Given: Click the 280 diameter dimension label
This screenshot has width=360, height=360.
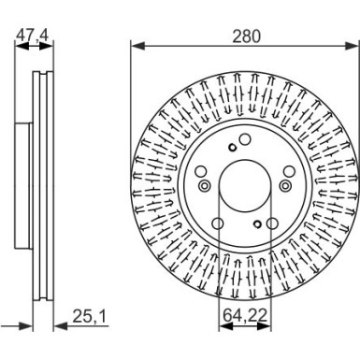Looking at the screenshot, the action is pyautogui.click(x=246, y=36).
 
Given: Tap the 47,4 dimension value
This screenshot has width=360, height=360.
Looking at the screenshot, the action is pyautogui.click(x=33, y=35).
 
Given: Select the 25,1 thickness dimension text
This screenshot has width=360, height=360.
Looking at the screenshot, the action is pyautogui.click(x=90, y=316).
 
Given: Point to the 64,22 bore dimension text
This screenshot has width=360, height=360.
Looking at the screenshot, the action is pyautogui.click(x=245, y=316).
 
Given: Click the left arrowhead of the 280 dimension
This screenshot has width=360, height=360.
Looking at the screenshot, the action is pyautogui.click(x=138, y=46).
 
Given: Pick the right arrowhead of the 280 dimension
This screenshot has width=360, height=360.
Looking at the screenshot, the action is pyautogui.click(x=352, y=46).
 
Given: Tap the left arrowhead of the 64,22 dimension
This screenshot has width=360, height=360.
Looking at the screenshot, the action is pyautogui.click(x=226, y=326).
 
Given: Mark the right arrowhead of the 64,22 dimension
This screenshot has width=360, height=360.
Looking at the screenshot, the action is pyautogui.click(x=264, y=326).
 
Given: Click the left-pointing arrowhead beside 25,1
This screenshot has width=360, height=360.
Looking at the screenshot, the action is pyautogui.click(x=61, y=326).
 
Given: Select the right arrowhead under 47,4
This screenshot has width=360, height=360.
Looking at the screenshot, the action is pyautogui.click(x=47, y=46).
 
